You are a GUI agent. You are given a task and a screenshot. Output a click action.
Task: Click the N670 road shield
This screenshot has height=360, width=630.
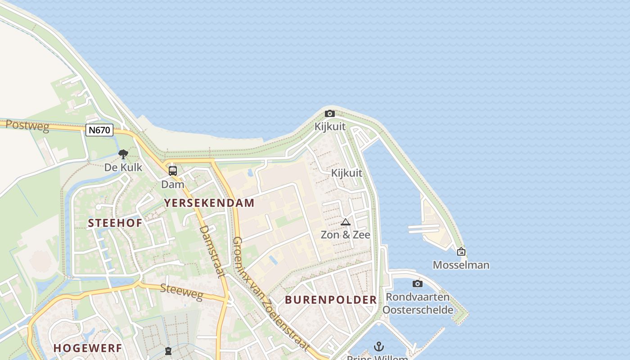click(99, 130)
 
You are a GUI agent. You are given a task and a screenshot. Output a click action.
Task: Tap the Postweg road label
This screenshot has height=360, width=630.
click(27, 126)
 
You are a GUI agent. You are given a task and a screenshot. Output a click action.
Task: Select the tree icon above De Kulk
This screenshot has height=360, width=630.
click(123, 155)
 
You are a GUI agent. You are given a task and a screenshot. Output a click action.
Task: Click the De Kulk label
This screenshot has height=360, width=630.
click(123, 167)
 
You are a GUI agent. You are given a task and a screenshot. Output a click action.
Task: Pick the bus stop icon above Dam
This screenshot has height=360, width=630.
click(173, 171)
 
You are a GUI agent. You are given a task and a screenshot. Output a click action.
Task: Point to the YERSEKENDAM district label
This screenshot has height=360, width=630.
click(209, 203)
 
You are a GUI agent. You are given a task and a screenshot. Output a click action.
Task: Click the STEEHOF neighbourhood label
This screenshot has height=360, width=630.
click(115, 223)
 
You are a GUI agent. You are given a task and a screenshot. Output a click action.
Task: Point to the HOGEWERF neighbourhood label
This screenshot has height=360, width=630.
click(88, 348)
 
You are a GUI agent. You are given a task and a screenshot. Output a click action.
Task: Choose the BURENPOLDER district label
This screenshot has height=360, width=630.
click(331, 300)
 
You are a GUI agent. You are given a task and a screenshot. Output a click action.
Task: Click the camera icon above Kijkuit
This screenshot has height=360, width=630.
click(330, 114)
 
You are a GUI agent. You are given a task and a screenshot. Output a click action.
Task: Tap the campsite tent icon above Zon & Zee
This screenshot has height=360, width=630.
click(346, 222)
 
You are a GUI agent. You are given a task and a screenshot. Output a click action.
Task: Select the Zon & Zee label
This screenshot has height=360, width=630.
click(346, 234)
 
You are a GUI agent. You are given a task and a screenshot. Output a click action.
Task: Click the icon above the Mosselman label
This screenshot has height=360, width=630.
click(461, 252)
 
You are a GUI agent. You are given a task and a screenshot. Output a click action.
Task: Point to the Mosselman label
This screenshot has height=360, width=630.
click(461, 265)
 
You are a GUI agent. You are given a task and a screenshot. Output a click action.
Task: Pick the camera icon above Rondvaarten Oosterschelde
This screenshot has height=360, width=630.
click(418, 283)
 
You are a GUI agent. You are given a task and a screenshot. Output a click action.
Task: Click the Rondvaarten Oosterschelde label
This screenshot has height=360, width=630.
click(418, 303)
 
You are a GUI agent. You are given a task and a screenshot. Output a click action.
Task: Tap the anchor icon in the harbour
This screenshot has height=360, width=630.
click(379, 346)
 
